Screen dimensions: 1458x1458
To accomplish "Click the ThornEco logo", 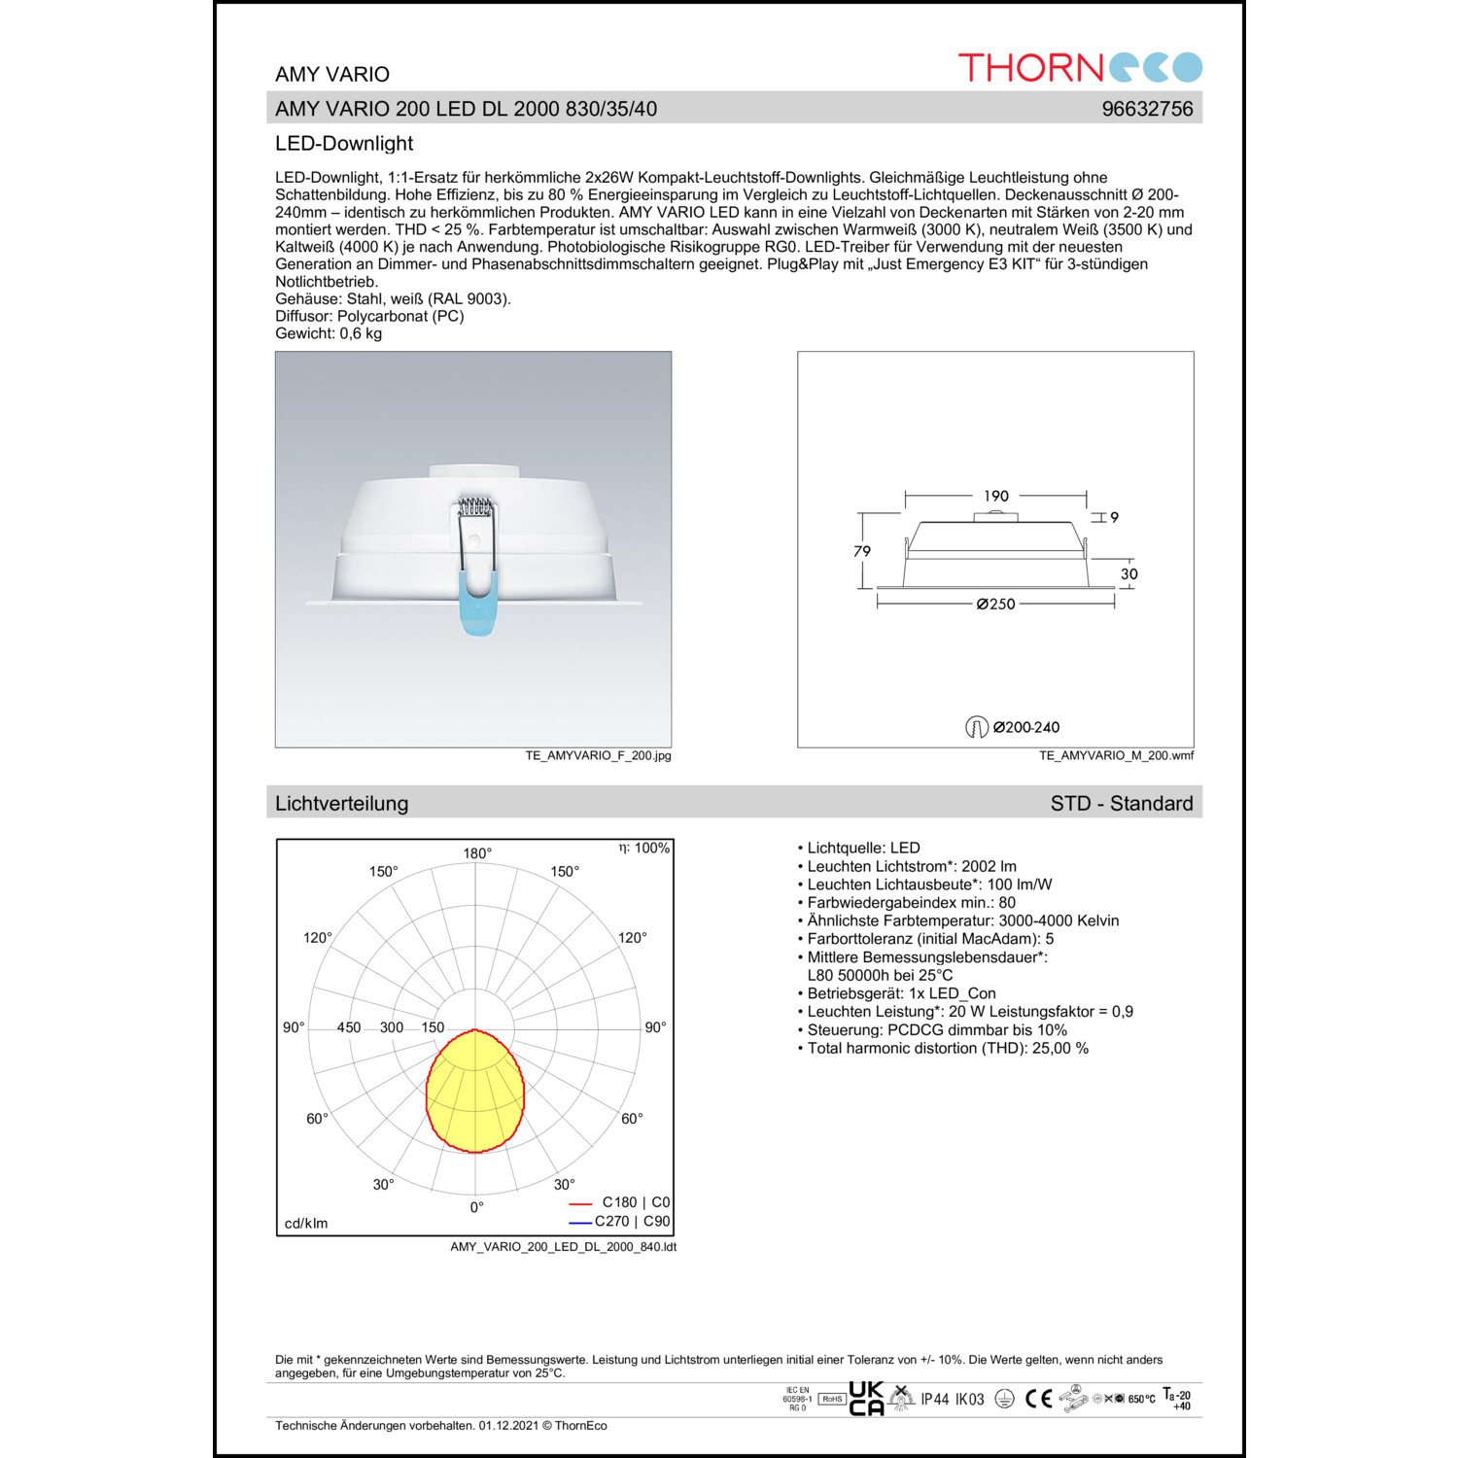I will [1080, 67].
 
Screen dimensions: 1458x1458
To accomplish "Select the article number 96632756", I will [1147, 109].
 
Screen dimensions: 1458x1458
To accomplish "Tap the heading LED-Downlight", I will [344, 144].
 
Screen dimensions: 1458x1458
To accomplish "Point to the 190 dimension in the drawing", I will [996, 496].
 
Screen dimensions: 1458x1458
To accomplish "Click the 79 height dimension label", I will [861, 551].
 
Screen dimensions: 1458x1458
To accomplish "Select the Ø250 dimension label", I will [996, 605].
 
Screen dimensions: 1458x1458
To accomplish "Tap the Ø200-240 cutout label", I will [1025, 727].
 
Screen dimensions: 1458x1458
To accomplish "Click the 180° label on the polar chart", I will [477, 853].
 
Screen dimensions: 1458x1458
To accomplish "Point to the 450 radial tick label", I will [348, 1027].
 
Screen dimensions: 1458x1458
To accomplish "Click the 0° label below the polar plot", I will [476, 1207].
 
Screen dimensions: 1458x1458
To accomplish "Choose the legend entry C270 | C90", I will [632, 1222].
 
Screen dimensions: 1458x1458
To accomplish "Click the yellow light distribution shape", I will [475, 1093].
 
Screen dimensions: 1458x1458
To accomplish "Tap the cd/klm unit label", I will [306, 1224].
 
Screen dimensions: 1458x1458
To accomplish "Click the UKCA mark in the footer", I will [866, 1399].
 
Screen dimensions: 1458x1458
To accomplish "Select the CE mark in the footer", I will [1039, 1399].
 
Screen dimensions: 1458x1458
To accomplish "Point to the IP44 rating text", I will [935, 1400].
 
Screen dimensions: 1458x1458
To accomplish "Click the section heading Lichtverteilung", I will [341, 804].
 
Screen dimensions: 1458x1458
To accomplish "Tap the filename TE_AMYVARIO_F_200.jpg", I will [598, 755].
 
